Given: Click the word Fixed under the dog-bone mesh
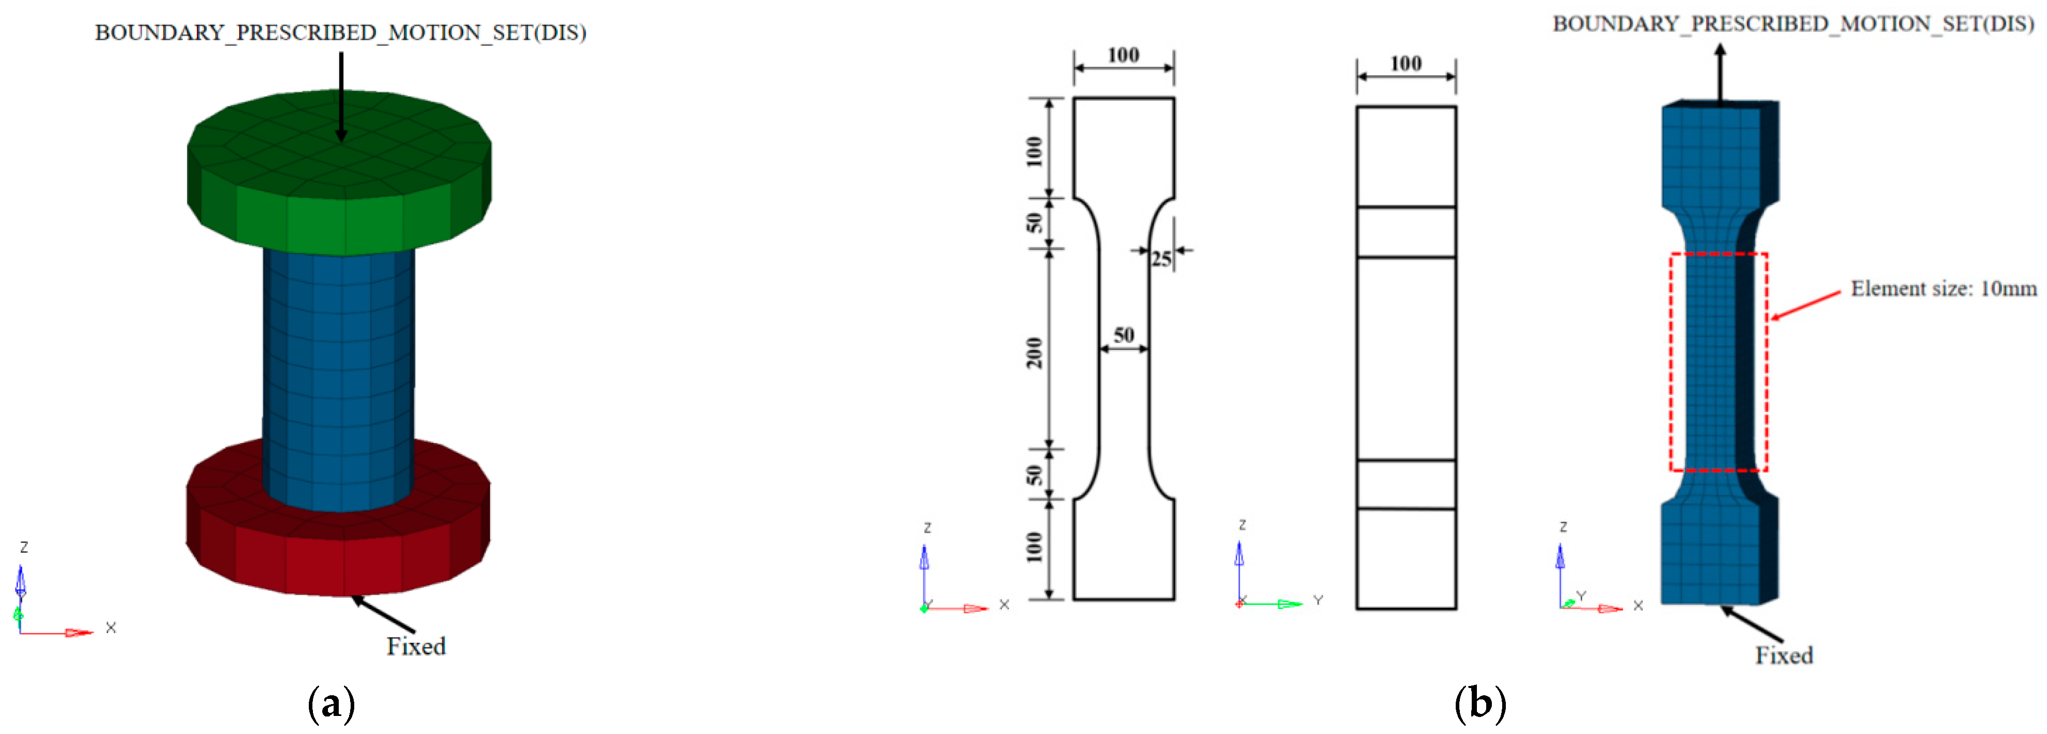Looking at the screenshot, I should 1784,656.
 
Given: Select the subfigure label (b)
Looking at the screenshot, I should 1479,704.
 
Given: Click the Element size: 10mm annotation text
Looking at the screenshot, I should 1943,289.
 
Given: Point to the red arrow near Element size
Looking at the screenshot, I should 1805,306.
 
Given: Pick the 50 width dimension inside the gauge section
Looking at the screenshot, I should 1124,335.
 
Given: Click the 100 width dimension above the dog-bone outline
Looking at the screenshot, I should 1124,55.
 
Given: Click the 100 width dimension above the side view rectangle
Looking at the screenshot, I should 1406,63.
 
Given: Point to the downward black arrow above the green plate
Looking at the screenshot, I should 341,95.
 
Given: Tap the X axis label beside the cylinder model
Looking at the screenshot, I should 111,628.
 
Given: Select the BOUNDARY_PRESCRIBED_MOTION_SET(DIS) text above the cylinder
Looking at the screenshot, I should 340,33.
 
